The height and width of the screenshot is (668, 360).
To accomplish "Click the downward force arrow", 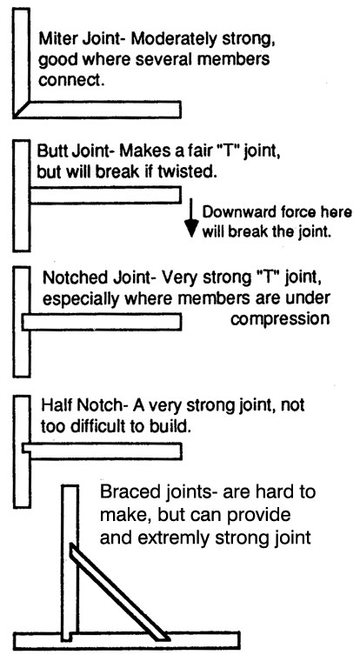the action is [x=191, y=217].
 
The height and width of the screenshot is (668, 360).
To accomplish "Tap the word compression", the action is [x=280, y=319].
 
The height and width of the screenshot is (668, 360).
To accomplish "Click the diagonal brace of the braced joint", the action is [x=119, y=591].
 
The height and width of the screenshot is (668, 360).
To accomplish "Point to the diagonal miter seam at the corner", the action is [x=22, y=109].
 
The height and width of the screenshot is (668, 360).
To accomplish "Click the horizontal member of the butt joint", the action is [x=106, y=195].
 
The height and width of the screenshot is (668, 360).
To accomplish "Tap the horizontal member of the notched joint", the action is [x=102, y=321].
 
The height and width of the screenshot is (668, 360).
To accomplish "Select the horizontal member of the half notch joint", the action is [x=103, y=451].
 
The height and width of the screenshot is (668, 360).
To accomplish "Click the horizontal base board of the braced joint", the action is [x=126, y=641].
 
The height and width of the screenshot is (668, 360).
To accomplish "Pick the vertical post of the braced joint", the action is [x=70, y=563].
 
